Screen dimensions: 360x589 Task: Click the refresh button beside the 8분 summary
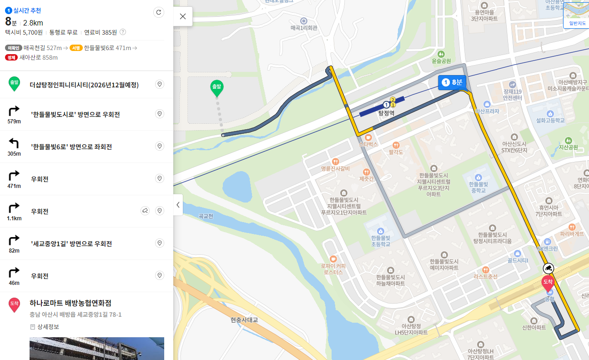[159, 12]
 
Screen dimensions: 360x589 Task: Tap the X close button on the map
[183, 16]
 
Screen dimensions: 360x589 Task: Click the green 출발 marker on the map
[216, 88]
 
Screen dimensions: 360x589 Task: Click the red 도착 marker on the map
[548, 283]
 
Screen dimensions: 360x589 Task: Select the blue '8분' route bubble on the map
[452, 82]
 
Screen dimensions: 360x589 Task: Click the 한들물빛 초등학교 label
[380, 240]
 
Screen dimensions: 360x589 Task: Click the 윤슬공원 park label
[441, 61]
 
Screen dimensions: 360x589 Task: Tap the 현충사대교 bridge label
[244, 320]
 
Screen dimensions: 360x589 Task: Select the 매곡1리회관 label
[304, 28]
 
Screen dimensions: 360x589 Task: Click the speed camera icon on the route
[549, 268]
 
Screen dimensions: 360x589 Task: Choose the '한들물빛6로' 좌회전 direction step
[71, 147]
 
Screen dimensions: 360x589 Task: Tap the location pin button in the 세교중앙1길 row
[160, 243]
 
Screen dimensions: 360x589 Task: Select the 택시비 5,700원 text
[24, 32]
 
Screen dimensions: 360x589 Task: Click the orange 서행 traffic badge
[76, 48]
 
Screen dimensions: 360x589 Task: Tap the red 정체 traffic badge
[11, 57]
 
